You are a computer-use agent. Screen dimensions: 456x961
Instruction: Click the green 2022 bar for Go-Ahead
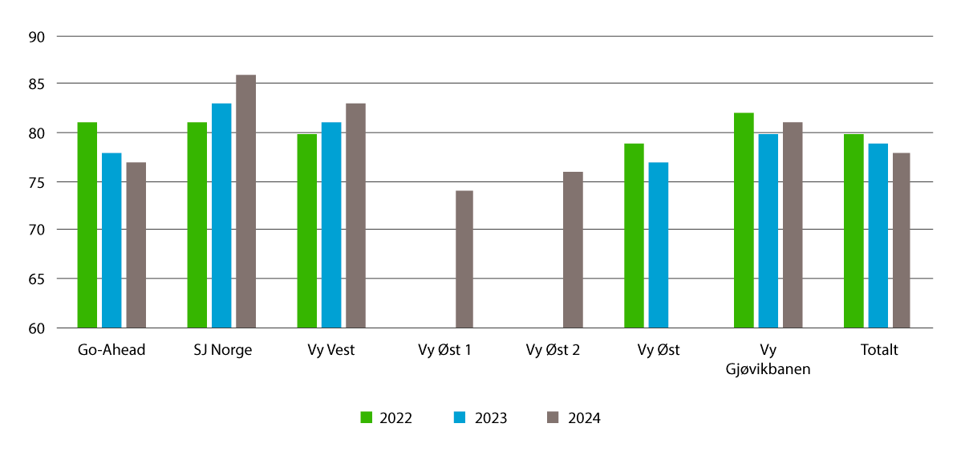pos(87,225)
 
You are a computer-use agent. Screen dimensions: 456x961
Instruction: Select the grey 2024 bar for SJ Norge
pos(245,201)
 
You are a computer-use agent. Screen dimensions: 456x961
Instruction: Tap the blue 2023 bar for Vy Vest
pos(331,225)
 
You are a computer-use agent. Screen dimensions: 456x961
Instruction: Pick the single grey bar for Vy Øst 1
pos(464,259)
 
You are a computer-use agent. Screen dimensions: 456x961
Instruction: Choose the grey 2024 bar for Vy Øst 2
pos(573,250)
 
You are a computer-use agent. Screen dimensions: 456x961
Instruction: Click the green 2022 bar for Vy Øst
pos(634,235)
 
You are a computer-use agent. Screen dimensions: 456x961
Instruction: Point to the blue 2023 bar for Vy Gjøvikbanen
pos(768,230)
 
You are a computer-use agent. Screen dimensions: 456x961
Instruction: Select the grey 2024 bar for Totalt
pos(902,240)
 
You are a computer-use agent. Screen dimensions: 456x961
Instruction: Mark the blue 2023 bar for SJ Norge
pos(221,215)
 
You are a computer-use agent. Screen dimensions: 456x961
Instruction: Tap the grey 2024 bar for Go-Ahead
pos(136,245)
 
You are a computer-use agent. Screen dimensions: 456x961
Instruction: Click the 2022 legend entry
pos(386,417)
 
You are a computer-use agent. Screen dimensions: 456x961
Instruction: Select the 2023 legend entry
pos(480,417)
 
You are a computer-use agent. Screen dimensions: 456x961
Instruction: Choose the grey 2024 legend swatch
pos(553,417)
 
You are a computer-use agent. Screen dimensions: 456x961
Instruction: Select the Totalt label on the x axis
pos(878,350)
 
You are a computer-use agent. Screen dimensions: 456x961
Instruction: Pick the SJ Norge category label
pos(221,350)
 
